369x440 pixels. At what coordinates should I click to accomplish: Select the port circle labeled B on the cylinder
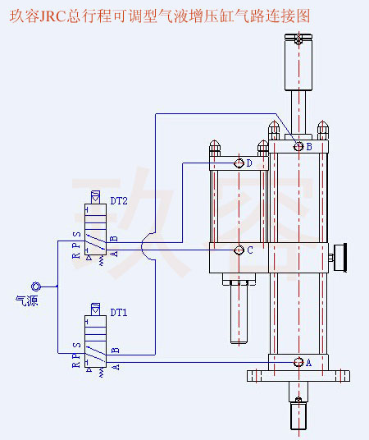pyautogui.click(x=298, y=146)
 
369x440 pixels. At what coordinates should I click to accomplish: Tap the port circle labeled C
pyautogui.click(x=239, y=250)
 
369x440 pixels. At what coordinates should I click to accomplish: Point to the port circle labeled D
pyautogui.click(x=239, y=163)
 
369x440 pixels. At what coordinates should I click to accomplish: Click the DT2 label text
pyautogui.click(x=119, y=199)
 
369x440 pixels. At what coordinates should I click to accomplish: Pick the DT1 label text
pyautogui.click(x=119, y=313)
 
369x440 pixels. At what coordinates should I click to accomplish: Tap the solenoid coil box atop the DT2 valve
pyautogui.click(x=93, y=200)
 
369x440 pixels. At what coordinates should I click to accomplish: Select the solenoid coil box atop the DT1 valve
pyautogui.click(x=93, y=312)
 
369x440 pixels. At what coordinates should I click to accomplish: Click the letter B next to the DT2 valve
pyautogui.click(x=114, y=239)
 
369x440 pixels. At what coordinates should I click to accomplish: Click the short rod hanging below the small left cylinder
pyautogui.click(x=239, y=316)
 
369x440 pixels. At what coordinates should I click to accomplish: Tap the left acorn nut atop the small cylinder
pyautogui.click(x=215, y=147)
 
